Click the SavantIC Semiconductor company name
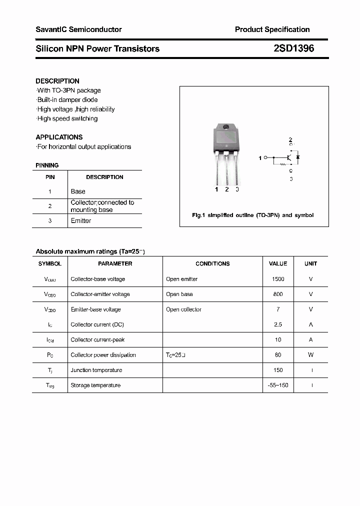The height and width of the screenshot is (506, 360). (78, 29)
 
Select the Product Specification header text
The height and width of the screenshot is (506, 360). (272, 29)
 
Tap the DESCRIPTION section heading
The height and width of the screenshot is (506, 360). (57, 81)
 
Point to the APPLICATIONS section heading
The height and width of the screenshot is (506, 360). (59, 137)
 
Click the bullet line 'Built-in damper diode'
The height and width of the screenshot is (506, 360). (67, 100)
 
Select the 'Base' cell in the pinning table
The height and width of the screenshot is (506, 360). (78, 191)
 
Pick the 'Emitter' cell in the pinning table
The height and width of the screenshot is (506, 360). (81, 220)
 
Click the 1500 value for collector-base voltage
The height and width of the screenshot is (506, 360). (278, 279)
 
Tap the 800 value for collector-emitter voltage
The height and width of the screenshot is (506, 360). (278, 294)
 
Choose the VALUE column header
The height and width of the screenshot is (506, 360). (278, 263)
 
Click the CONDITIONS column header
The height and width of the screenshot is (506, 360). (212, 263)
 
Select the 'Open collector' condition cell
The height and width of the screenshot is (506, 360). (184, 309)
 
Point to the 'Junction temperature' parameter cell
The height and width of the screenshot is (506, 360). (96, 370)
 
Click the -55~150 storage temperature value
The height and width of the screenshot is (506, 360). (278, 385)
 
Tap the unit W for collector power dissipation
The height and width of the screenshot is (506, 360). (310, 355)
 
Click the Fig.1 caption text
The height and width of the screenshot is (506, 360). (253, 215)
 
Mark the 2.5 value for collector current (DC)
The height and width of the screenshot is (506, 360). (278, 324)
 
